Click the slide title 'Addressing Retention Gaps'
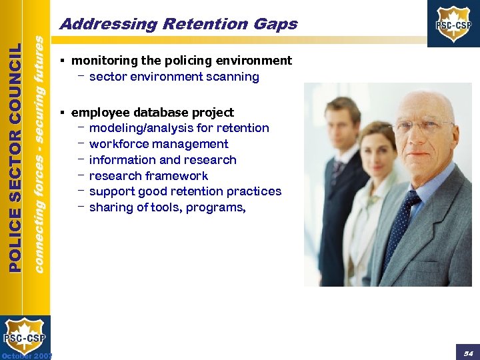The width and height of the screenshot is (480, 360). tap(178, 25)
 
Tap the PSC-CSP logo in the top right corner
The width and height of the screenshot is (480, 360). tap(454, 24)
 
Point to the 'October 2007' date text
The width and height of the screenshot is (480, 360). tap(26, 355)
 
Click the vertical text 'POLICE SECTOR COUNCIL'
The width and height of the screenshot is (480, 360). tap(17, 157)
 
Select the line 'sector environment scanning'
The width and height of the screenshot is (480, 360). tap(174, 77)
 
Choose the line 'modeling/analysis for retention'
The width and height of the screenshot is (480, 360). tap(179, 128)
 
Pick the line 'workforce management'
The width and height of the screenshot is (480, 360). tap(159, 144)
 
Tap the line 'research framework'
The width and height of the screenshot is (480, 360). tap(148, 176)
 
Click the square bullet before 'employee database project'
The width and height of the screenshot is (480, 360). tap(61, 112)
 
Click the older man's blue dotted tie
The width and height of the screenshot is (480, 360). tap(405, 227)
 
